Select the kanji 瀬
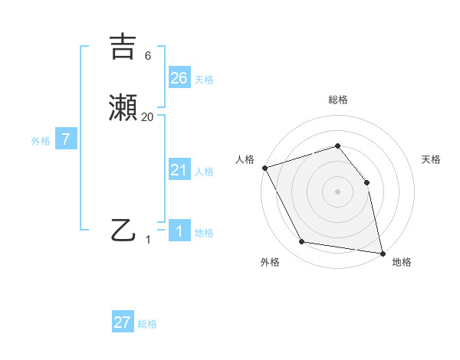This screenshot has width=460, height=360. click(x=123, y=109)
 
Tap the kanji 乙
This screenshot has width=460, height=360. click(x=123, y=229)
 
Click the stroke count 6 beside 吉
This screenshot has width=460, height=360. click(x=148, y=55)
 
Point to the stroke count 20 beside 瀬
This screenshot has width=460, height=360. click(x=148, y=117)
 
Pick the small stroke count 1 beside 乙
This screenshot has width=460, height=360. click(x=149, y=239)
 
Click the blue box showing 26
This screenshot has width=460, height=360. click(x=179, y=78)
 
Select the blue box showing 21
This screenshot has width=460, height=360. click(x=179, y=170)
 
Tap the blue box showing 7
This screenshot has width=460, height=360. click(x=66, y=139)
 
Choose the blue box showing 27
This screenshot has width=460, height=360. click(x=123, y=322)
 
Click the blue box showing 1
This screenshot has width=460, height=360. click(x=179, y=231)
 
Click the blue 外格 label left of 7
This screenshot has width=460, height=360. click(x=40, y=141)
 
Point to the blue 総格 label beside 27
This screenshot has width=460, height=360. click(x=147, y=324)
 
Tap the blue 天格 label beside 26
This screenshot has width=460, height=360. click(x=204, y=80)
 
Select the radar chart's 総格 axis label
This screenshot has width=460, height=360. click(x=337, y=100)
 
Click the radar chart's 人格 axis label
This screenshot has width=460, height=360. click(x=245, y=159)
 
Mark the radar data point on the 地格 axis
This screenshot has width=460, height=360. click(x=382, y=253)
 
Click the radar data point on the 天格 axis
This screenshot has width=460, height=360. click(x=366, y=182)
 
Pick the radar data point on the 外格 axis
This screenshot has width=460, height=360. click(x=302, y=242)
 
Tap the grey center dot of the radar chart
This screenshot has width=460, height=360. click(x=337, y=191)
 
